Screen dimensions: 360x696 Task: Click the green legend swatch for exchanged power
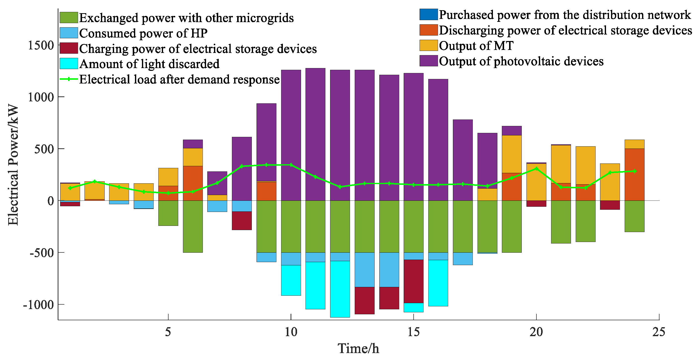tap(69, 18)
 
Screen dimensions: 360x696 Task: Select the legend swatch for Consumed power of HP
tap(69, 33)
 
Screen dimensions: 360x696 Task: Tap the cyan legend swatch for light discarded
tap(69, 64)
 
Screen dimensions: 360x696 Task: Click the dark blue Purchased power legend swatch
tap(428, 15)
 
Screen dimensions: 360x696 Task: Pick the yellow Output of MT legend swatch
tap(428, 45)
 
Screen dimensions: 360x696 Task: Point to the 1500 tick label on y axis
tap(41, 45)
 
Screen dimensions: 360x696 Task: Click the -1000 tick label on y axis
tap(39, 305)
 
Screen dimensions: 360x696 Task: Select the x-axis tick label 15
tap(413, 332)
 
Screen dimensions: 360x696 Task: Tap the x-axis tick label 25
tap(659, 332)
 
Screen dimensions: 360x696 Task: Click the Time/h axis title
tap(358, 348)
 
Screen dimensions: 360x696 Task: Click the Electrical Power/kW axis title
tap(13, 165)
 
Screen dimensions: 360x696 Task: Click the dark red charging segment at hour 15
tap(413, 281)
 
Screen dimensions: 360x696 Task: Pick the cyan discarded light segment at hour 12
tap(340, 289)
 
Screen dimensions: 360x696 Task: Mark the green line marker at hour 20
tap(536, 169)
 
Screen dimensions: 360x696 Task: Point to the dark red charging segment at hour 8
tap(242, 221)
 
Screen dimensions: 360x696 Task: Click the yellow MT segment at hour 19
tap(512, 154)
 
